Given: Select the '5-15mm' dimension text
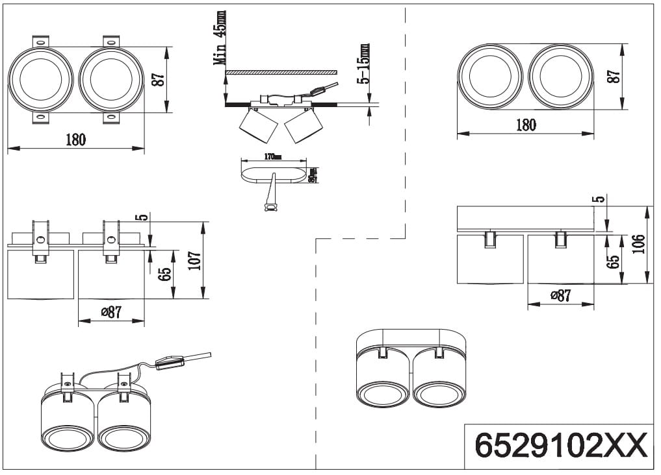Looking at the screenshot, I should pyautogui.click(x=365, y=64).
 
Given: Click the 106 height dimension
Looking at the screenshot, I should pyautogui.click(x=640, y=245).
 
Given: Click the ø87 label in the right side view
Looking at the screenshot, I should pyautogui.click(x=561, y=295).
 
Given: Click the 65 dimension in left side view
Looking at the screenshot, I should pyautogui.click(x=165, y=274).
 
